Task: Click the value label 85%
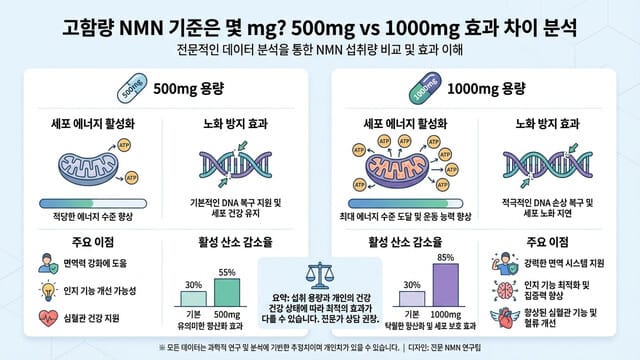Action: click(444, 258)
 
